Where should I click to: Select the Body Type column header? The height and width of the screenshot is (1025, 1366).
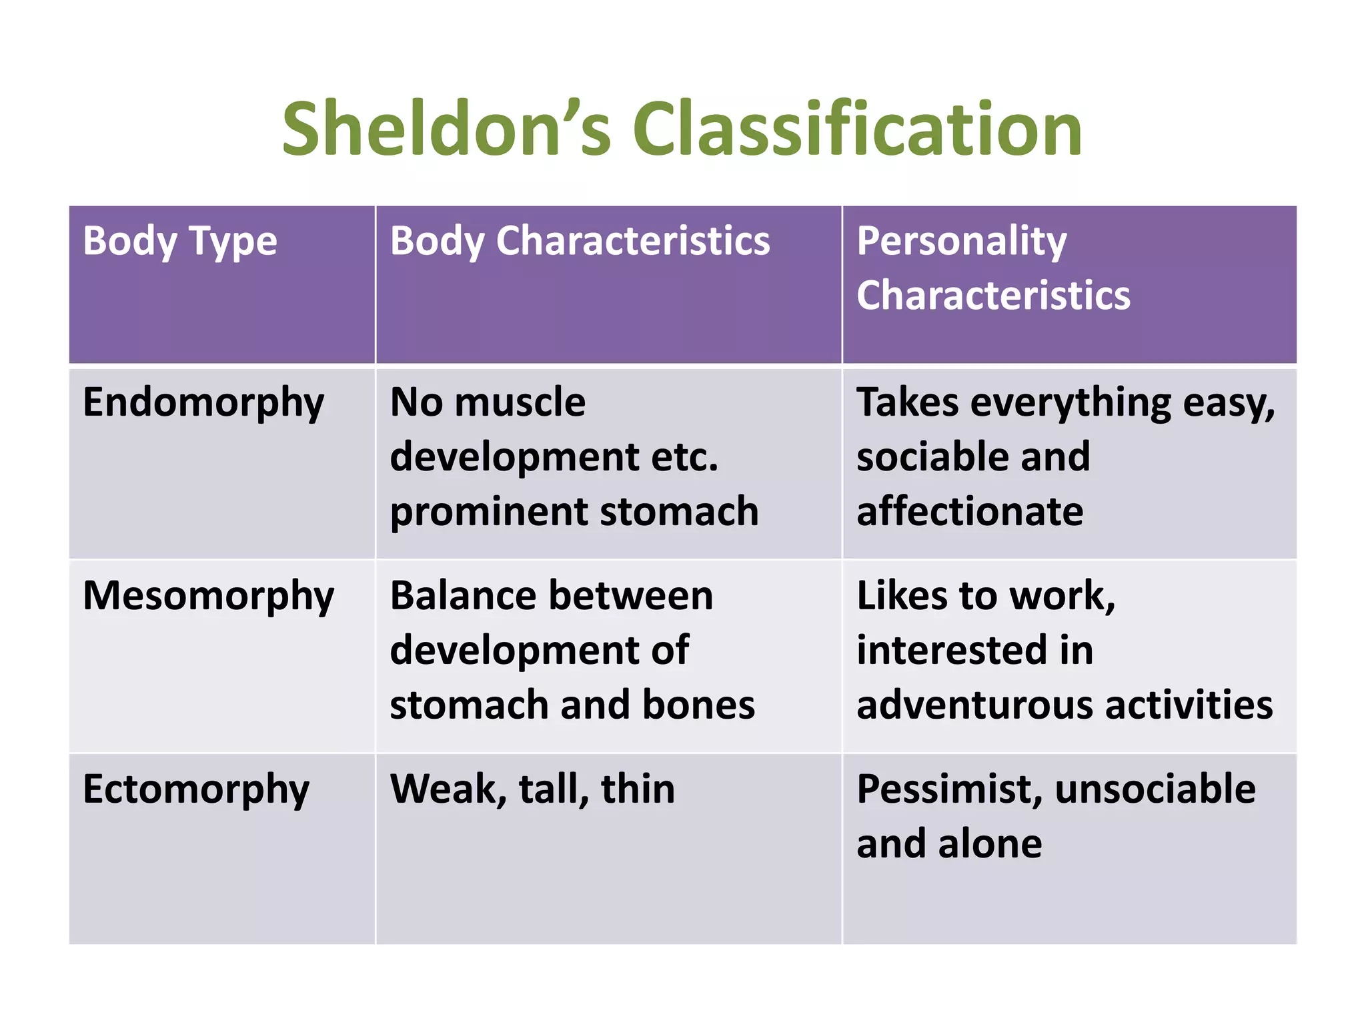pos(179,241)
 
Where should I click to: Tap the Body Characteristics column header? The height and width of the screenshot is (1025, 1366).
pos(580,241)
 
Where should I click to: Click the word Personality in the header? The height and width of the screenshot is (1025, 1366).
pos(961,241)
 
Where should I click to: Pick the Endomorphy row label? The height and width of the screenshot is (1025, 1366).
pos(203,403)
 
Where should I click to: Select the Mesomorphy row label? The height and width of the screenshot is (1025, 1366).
pos(208,596)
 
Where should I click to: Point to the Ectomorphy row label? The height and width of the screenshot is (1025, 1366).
pos(196,789)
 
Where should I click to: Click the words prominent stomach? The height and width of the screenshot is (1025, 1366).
pos(574,512)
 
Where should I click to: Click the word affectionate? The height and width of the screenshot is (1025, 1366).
pos(970,512)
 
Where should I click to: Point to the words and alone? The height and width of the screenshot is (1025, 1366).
pos(949,844)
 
